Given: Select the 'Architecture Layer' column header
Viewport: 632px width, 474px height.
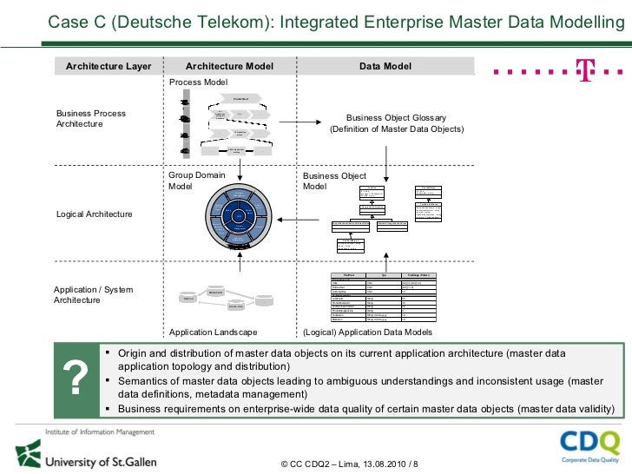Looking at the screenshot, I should point(109,66).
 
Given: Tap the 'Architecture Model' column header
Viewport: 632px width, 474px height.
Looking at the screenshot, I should point(229,66).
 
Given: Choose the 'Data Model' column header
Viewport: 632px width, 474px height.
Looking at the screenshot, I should point(385,66).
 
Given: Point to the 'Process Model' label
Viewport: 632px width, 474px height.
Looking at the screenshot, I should point(198,82).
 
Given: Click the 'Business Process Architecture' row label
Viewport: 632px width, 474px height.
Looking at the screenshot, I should point(91,119).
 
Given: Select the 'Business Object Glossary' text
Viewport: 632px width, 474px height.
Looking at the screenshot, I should point(396,118).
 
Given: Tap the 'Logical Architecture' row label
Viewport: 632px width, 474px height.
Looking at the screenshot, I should point(94,214).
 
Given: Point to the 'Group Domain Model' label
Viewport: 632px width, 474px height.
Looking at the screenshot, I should point(197,181).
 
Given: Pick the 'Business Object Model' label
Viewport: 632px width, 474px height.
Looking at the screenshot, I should point(334,181).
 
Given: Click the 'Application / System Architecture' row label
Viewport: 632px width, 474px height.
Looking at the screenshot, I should point(94,294).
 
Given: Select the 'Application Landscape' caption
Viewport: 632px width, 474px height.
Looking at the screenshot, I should point(213,332).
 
